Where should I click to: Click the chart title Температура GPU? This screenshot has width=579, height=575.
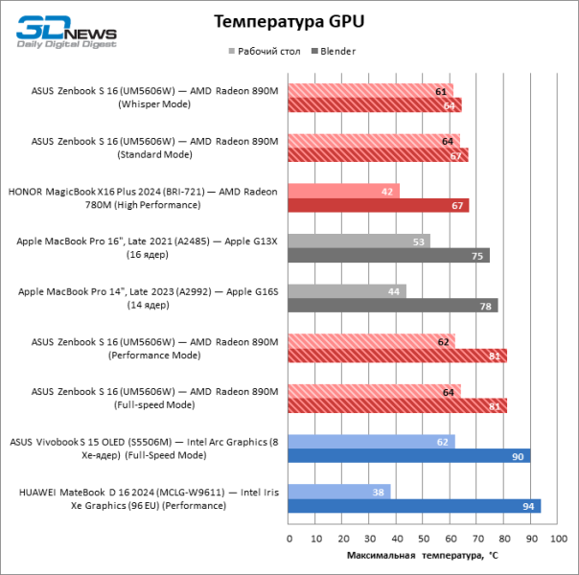pyautogui.click(x=289, y=21)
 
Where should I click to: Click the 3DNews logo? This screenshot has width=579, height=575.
pyautogui.click(x=66, y=32)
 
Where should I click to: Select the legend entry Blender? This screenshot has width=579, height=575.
pyautogui.click(x=336, y=51)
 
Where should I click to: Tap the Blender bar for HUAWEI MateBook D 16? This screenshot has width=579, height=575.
pyautogui.click(x=414, y=506)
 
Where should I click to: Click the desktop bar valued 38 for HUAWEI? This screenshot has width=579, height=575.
pyautogui.click(x=339, y=492)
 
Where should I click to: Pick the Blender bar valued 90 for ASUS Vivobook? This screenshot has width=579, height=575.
pyautogui.click(x=408, y=456)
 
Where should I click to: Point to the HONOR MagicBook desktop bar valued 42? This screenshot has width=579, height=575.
pyautogui.click(x=344, y=191)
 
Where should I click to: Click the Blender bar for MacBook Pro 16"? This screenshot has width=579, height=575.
pyautogui.click(x=388, y=255)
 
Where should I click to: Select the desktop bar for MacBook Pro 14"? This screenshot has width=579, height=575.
pyautogui.click(x=347, y=290)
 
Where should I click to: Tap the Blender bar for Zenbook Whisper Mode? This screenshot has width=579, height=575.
pyautogui.click(x=375, y=105)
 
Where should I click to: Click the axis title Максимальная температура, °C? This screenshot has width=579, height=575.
pyautogui.click(x=422, y=555)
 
